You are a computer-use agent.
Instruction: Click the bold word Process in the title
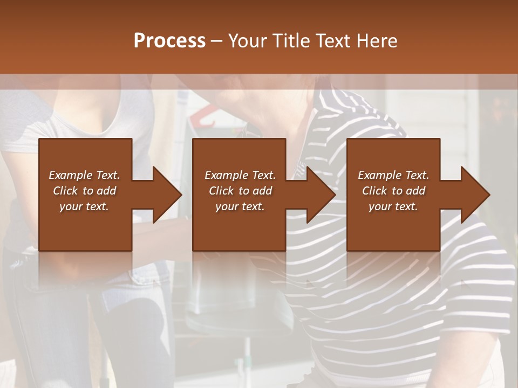[169, 40]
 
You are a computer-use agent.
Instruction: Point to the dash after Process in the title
[217, 41]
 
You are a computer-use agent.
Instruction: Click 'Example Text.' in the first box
[85, 175]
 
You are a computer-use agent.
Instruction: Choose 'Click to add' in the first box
[85, 191]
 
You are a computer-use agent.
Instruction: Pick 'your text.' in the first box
[85, 206]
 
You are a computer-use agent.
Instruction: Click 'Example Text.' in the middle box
[240, 175]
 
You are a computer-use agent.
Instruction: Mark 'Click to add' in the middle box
[240, 191]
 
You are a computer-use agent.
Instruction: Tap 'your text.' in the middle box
[240, 206]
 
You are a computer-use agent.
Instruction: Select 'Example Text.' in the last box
[393, 175]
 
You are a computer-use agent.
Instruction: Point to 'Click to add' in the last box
[393, 191]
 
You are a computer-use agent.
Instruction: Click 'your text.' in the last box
[393, 206]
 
